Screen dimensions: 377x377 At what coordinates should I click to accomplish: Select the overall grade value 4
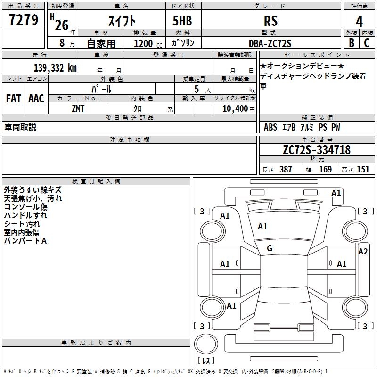[x=360, y=21]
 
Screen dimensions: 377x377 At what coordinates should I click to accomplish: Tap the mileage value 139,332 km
[x=55, y=68]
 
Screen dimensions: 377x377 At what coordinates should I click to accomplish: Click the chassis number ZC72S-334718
[x=317, y=150]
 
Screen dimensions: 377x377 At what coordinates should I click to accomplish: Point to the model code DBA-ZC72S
[x=270, y=43]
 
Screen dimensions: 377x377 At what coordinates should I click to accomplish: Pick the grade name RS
[x=270, y=21]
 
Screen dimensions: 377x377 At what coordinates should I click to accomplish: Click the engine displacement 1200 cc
[x=146, y=43]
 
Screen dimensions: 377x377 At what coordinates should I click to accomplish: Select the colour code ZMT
[x=78, y=108]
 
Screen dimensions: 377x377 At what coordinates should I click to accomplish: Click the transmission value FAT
[x=13, y=98]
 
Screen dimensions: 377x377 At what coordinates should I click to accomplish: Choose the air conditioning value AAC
[x=36, y=98]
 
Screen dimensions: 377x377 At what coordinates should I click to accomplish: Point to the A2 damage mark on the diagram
[x=363, y=251]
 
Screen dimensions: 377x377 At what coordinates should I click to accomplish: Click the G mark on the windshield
[x=270, y=248]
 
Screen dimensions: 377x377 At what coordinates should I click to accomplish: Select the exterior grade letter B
[x=351, y=43]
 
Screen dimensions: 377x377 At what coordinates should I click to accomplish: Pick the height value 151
[x=363, y=170]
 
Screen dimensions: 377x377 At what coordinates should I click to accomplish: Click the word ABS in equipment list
[x=270, y=127]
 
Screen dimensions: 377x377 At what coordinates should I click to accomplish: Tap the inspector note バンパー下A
[x=25, y=241]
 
